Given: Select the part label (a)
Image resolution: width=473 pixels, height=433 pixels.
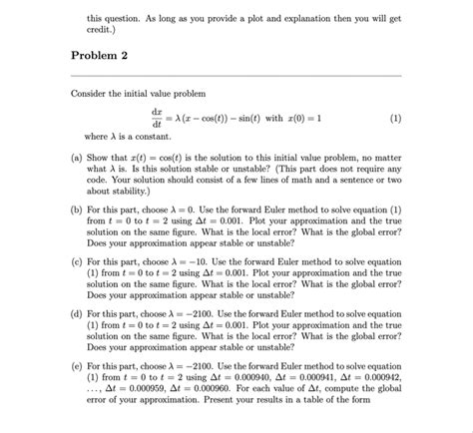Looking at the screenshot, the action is coord(78,158).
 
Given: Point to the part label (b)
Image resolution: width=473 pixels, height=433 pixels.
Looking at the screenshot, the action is coord(78,212).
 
